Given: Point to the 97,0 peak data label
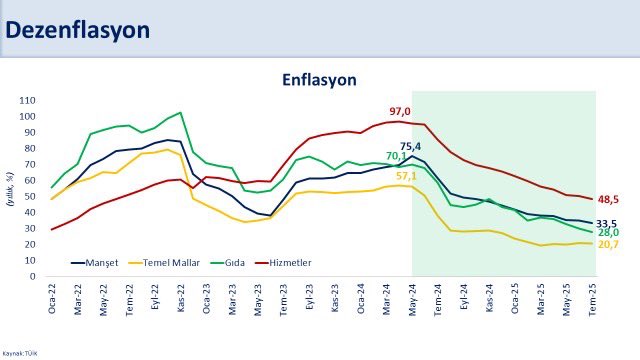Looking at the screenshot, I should (400, 111).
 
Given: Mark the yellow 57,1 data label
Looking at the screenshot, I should (407, 176).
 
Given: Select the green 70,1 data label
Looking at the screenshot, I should (397, 156).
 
